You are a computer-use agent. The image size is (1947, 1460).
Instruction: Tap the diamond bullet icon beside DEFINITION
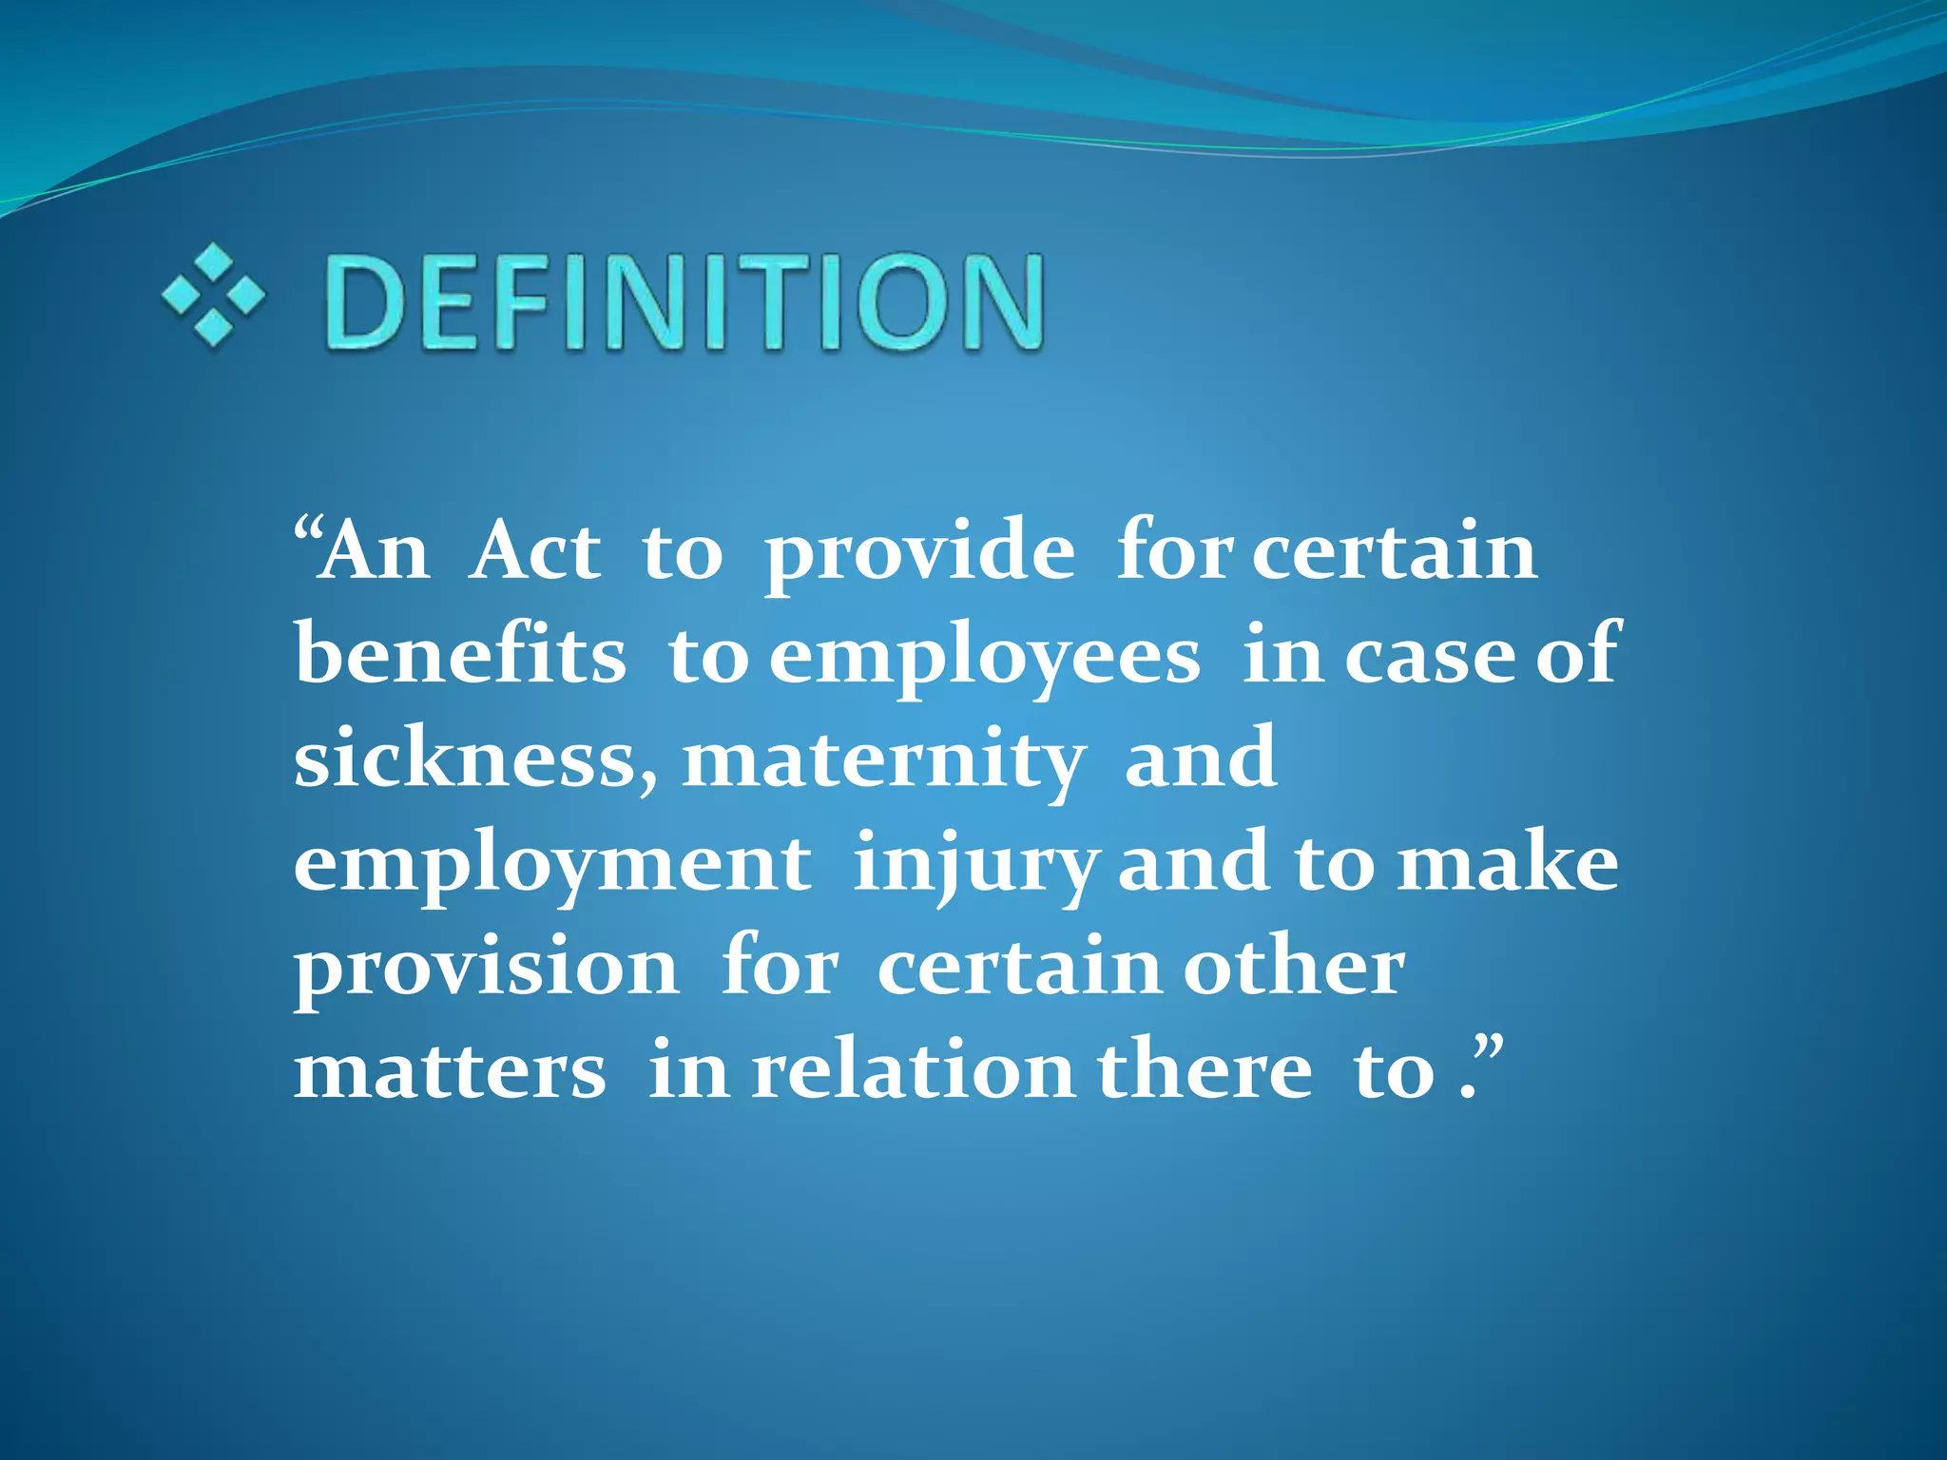213,294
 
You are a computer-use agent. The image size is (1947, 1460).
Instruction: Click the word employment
552,865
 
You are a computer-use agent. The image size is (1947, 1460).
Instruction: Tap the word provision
486,969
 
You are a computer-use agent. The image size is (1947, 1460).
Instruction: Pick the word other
1293,967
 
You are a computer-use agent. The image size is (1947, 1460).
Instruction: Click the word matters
450,1071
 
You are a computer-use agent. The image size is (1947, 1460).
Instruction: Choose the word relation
914,1071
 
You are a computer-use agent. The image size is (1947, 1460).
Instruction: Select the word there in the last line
1205,1071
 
